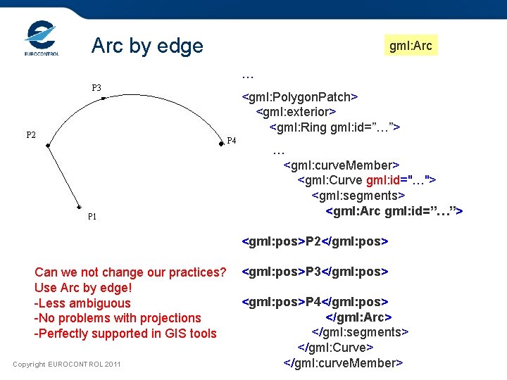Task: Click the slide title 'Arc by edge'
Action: pos(147,46)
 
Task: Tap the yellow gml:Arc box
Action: pos(411,46)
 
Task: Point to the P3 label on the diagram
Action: pos(96,88)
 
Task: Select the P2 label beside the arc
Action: pos(31,135)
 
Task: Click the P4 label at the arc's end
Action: pos(232,141)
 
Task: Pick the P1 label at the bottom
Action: pos(92,217)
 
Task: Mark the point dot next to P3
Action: pos(103,99)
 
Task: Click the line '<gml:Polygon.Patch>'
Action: pos(301,96)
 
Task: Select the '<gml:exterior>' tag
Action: pos(296,112)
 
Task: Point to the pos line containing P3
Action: pos(315,272)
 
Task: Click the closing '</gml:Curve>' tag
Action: pos(335,348)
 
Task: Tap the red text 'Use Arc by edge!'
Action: pos(83,288)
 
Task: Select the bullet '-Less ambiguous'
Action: pos(82,303)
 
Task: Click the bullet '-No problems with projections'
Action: pos(118,318)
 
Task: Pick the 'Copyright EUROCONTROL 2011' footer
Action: pos(67,364)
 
